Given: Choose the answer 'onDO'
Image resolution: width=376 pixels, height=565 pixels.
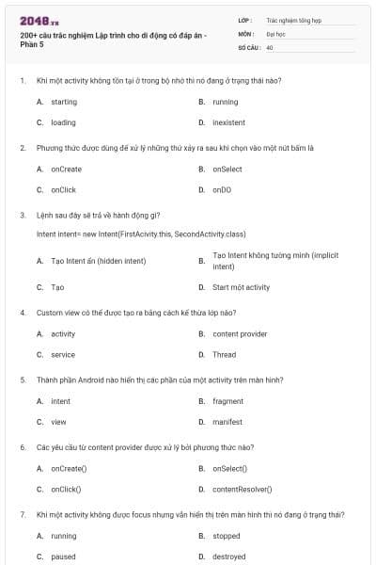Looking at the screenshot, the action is coord(222,189).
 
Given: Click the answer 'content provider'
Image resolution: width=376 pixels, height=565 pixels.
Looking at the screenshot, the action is coord(240,333).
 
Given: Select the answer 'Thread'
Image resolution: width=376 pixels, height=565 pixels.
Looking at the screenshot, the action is coord(224,354).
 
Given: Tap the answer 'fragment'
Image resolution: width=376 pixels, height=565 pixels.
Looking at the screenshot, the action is coord(227,401).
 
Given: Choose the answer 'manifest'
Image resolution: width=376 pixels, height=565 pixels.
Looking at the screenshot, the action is coord(227,422).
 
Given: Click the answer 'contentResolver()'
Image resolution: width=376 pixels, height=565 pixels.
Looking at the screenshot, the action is coord(243,489).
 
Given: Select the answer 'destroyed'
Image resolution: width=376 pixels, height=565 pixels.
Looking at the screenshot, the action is coord(230,557).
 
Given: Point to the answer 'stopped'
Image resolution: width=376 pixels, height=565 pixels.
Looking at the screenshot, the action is coord(227,536).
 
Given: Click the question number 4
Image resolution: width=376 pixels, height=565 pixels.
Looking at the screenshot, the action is coord(23,312).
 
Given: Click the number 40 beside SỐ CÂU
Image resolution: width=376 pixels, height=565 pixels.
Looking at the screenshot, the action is coord(270,46).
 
